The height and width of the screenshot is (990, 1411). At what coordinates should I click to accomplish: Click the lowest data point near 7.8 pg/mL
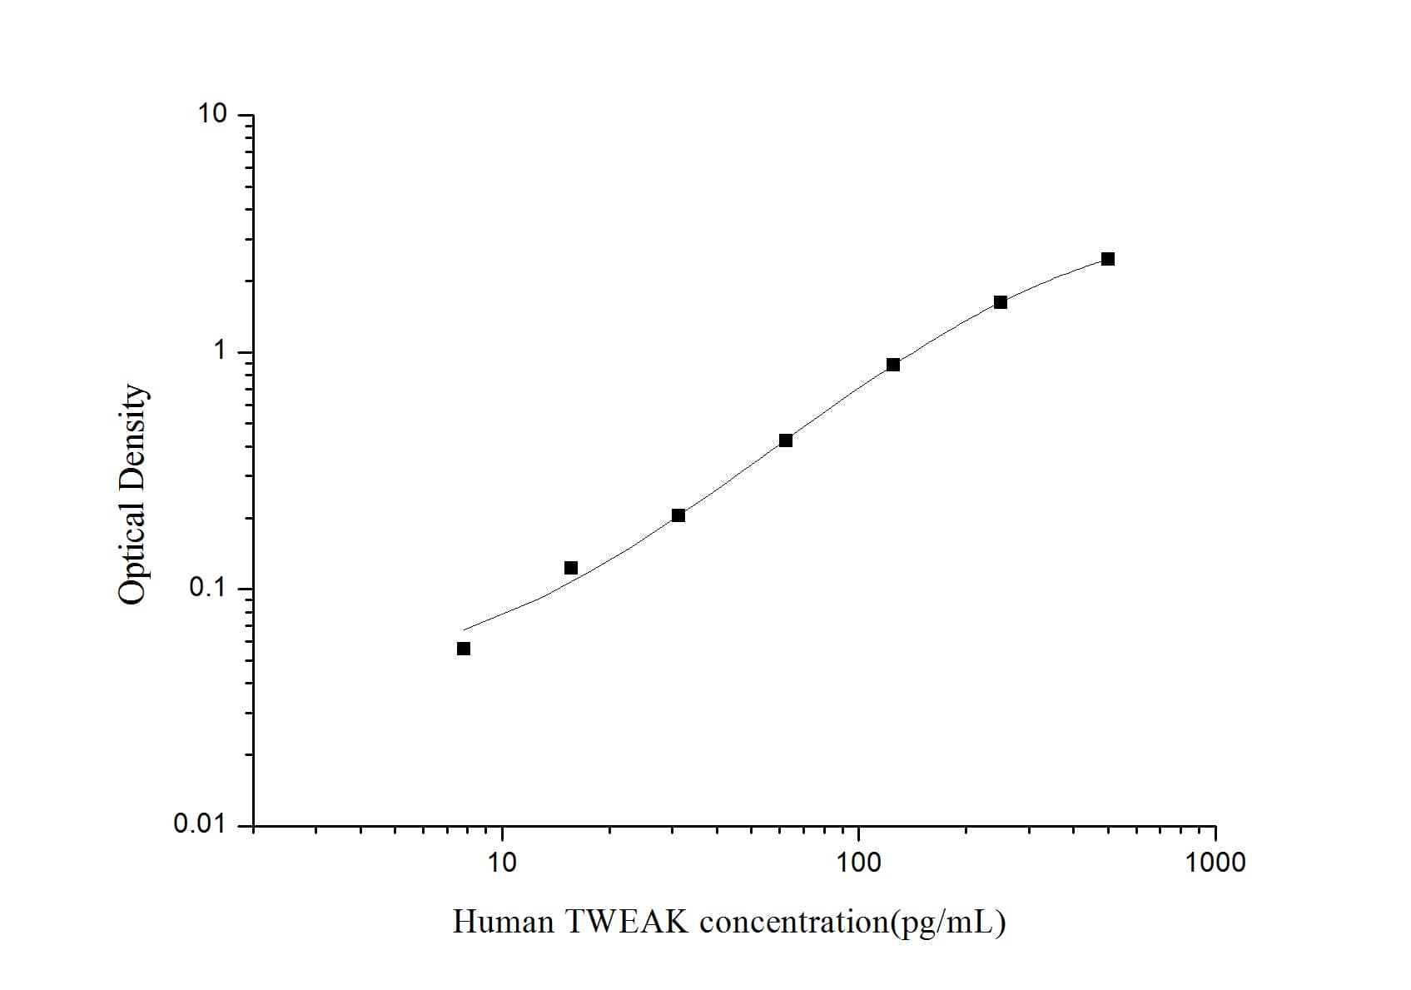pyautogui.click(x=464, y=649)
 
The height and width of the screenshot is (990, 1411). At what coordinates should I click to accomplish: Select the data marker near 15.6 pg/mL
pyautogui.click(x=571, y=568)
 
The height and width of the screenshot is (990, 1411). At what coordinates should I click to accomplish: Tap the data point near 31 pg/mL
pyautogui.click(x=678, y=515)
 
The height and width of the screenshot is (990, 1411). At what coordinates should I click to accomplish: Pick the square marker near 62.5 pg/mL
pyautogui.click(x=786, y=440)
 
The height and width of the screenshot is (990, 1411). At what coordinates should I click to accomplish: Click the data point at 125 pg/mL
pyautogui.click(x=893, y=365)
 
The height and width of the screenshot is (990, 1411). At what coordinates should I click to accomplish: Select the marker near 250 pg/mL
pyautogui.click(x=1001, y=302)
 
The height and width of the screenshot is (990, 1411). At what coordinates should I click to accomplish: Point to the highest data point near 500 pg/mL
pyautogui.click(x=1108, y=259)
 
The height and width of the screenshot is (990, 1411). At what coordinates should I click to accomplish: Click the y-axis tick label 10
pyautogui.click(x=212, y=114)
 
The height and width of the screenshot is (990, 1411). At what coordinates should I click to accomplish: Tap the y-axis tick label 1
pyautogui.click(x=220, y=351)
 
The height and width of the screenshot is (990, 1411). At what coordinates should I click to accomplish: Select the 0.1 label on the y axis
pyautogui.click(x=207, y=588)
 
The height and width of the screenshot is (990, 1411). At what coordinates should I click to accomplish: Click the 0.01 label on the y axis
pyautogui.click(x=200, y=824)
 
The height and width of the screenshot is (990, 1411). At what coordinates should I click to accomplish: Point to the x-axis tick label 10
pyautogui.click(x=501, y=863)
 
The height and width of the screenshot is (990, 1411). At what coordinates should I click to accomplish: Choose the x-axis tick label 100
pyautogui.click(x=858, y=863)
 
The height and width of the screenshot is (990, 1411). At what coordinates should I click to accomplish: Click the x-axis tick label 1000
pyautogui.click(x=1216, y=863)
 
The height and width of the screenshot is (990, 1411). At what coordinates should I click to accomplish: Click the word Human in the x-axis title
pyautogui.click(x=503, y=922)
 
